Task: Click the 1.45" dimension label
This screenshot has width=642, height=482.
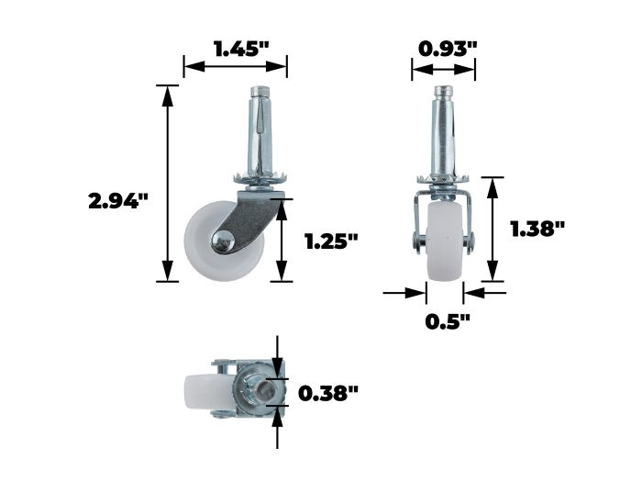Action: (x=241, y=50)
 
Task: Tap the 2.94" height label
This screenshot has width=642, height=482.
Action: (x=118, y=201)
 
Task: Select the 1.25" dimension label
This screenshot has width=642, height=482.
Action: (x=332, y=241)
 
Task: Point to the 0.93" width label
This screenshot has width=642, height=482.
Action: (x=448, y=49)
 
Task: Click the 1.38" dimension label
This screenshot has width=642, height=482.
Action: (x=537, y=229)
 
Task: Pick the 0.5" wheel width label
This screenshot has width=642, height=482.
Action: (x=448, y=321)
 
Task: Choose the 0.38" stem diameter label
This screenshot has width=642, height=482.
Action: (x=328, y=394)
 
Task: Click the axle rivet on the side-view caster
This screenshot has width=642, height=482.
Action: (x=222, y=241)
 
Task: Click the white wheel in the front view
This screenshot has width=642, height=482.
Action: (x=445, y=241)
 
